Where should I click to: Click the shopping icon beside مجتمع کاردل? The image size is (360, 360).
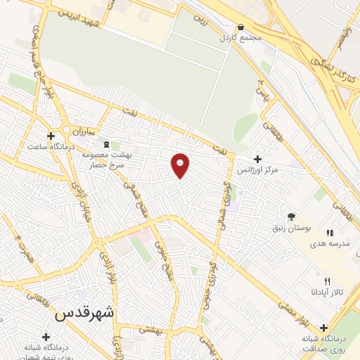(240, 26)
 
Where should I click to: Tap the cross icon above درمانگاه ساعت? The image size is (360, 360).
(50, 136)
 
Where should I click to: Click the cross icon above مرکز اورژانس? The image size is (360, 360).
(258, 159)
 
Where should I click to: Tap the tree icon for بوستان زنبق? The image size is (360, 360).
(292, 217)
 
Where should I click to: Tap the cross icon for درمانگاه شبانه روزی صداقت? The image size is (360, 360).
(323, 328)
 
